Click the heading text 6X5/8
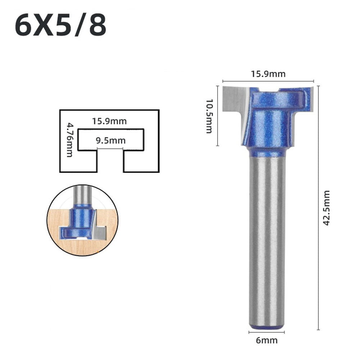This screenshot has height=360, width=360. (x=60, y=26)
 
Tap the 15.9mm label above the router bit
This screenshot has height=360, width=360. (x=268, y=74)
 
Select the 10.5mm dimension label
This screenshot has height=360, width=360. (x=209, y=116)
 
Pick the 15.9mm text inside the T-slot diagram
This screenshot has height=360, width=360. (x=109, y=121)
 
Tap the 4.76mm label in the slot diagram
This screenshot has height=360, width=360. (x=69, y=140)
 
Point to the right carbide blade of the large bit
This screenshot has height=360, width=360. (x=310, y=98)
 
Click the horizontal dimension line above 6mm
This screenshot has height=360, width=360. (x=266, y=332)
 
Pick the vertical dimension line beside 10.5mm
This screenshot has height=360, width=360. (x=218, y=116)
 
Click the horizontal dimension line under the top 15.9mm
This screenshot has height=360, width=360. (x=268, y=82)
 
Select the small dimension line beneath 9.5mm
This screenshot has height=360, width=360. (x=110, y=148)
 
